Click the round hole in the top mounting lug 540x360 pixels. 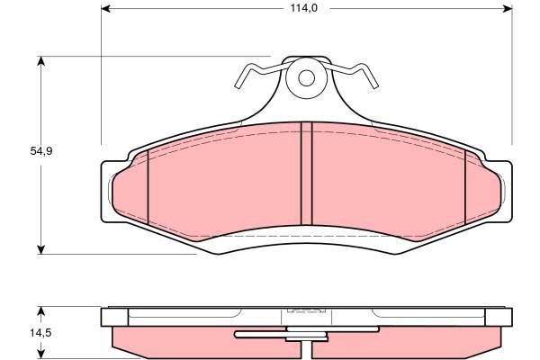[x=306, y=77]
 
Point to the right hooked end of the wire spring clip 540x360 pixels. [x=371, y=83]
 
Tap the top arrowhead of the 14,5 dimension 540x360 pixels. [x=40, y=311]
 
